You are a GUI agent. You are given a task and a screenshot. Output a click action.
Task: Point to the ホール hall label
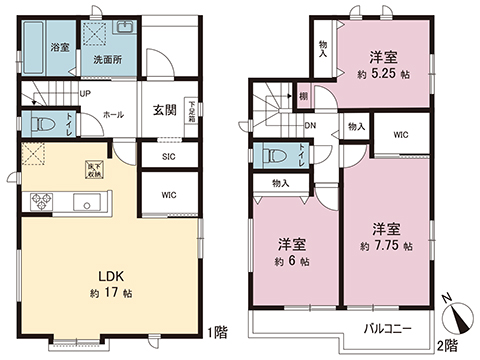[113, 115]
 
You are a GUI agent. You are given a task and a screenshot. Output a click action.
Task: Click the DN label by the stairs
[311, 125]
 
